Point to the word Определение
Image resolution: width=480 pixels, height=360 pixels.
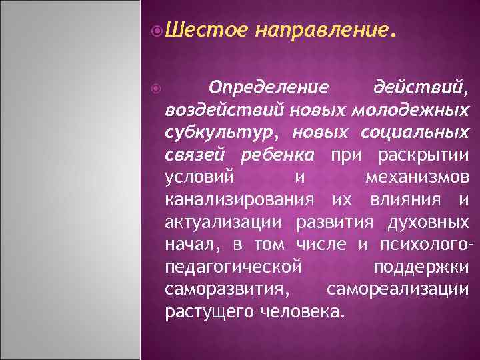coord(268,87)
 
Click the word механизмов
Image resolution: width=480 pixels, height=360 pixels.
coord(418,178)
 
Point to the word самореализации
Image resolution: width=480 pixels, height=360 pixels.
coord(398,290)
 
